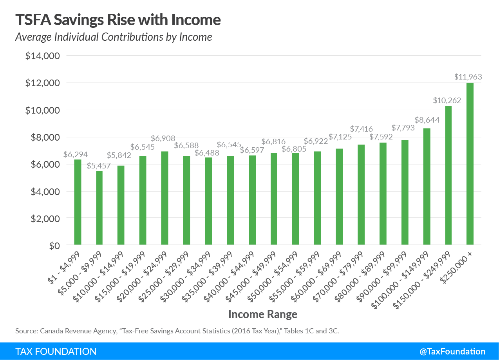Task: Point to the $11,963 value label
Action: (468, 77)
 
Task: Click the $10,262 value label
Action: (447, 100)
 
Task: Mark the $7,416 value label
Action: (361, 128)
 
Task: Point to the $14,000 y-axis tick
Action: (42, 56)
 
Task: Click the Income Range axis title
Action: (262, 314)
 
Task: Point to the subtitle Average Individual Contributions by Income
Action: (114, 37)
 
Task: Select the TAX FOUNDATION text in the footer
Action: (56, 351)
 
